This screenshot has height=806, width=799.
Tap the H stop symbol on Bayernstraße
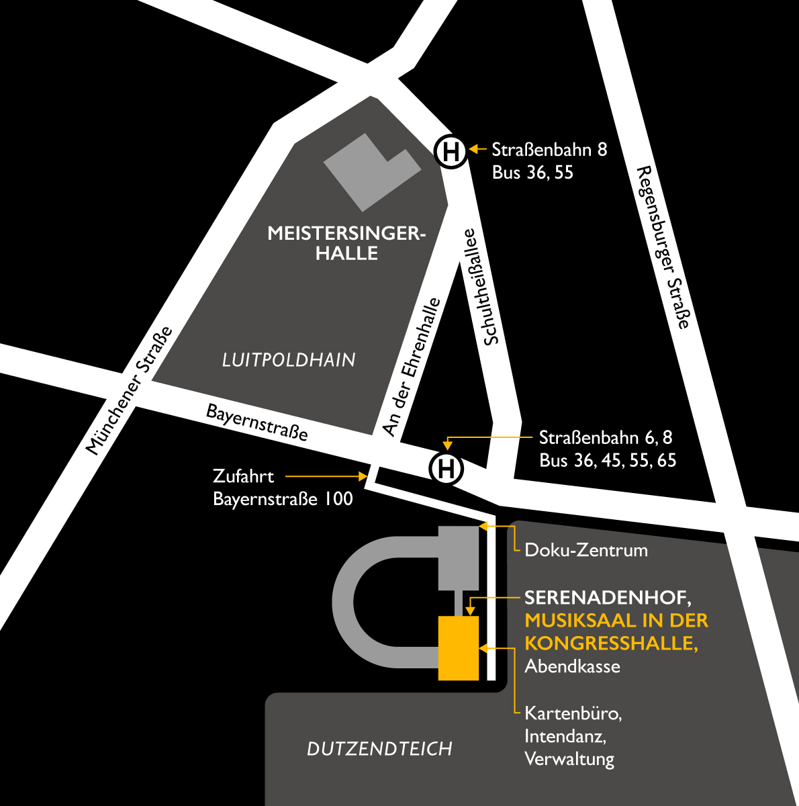click(446, 468)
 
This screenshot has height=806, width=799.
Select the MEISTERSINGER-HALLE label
click(346, 243)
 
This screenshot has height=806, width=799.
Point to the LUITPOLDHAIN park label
click(289, 360)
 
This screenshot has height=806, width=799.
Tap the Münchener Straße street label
click(130, 391)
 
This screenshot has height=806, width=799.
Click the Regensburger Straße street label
click(663, 247)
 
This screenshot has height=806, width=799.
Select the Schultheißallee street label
click(481, 287)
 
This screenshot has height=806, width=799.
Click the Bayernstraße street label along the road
click(256, 422)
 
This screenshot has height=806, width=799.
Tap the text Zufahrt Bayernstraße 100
click(282, 488)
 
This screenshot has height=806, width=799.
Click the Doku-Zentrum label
click(586, 550)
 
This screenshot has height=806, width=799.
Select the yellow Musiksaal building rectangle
click(459, 648)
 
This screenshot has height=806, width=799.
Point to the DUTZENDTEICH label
click(379, 749)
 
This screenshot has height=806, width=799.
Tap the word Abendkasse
click(572, 666)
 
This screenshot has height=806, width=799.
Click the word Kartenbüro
click(573, 713)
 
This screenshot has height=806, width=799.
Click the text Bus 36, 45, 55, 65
click(608, 461)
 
